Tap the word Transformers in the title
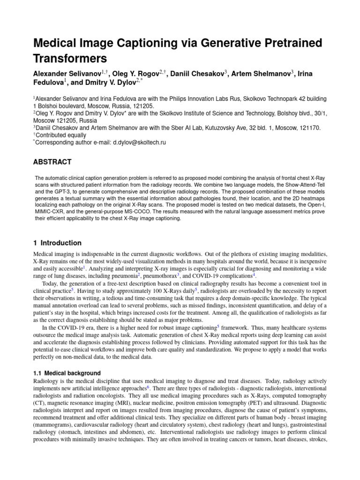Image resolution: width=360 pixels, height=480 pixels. pos(70,59)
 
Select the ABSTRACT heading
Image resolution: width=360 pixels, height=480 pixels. pos(52,162)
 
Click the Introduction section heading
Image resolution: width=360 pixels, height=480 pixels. pos(61,243)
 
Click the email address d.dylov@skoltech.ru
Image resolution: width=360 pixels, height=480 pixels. pos(140,142)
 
